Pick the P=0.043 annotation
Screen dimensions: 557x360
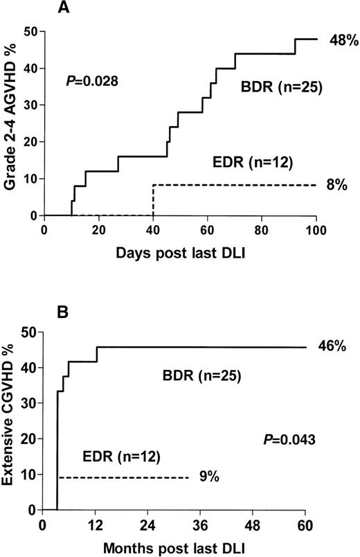pos(287,439)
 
